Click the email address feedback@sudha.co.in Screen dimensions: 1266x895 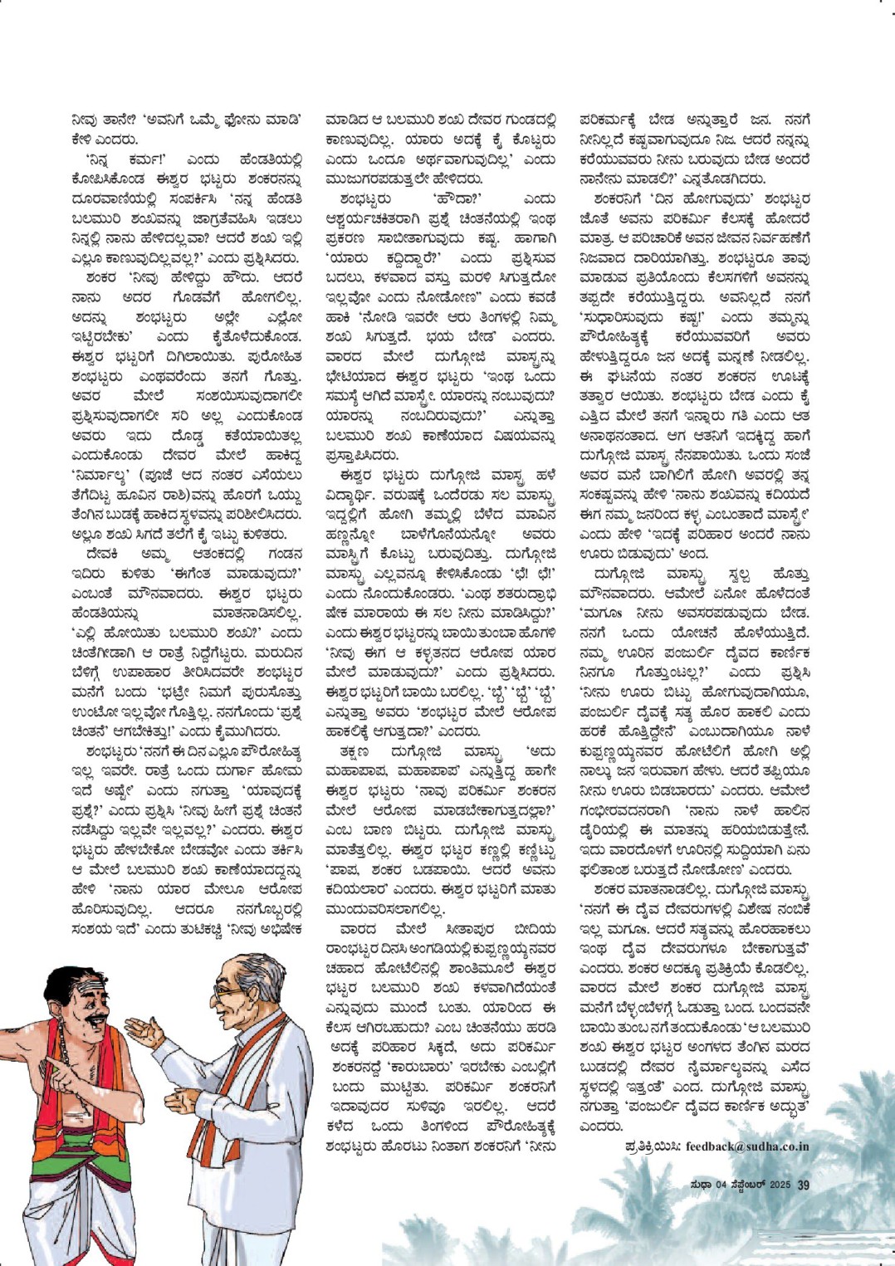pyautogui.click(x=747, y=1146)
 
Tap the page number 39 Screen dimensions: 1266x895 pyautogui.click(x=803, y=1185)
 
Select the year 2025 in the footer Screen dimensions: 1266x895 pyautogui.click(x=779, y=1185)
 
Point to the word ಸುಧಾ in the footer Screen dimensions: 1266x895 pyautogui.click(x=701, y=1185)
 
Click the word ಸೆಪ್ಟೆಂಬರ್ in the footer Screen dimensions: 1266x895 pyautogui.click(x=745, y=1185)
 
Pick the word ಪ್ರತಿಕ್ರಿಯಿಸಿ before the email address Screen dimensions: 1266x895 pyautogui.click(x=653, y=1146)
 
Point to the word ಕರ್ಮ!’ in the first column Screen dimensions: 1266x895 pyautogui.click(x=154, y=159)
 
